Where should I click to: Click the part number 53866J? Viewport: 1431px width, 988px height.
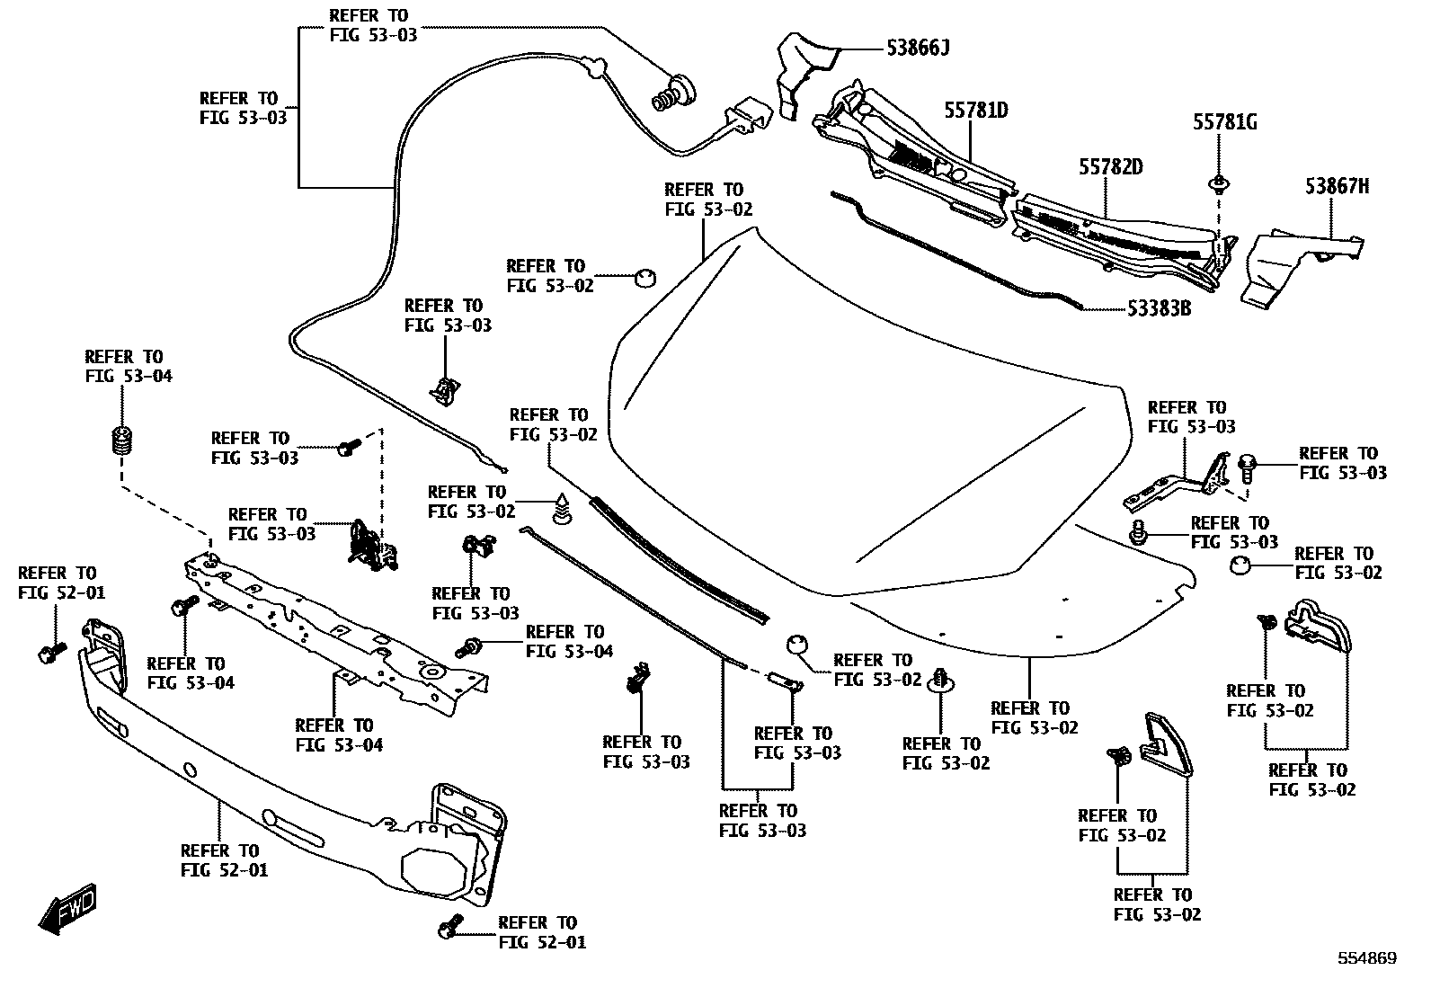coord(918,48)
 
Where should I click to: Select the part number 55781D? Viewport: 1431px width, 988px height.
coord(976,111)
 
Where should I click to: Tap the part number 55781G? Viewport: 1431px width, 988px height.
coord(1224,122)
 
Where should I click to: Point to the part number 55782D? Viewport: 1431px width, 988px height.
coord(1111,167)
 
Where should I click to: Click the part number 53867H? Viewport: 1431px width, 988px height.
coord(1338,187)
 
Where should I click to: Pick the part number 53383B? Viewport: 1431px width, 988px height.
coord(1159,308)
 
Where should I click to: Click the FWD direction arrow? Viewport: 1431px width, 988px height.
coord(67,908)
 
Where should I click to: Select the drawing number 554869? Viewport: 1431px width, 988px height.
coord(1367,958)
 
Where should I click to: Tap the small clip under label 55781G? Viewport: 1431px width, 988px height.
coord(1219,185)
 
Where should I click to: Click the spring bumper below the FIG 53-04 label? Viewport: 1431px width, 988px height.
coord(121,441)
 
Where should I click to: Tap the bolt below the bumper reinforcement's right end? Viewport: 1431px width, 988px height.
coord(449,926)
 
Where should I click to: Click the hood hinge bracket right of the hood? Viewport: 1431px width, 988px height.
coord(1177,483)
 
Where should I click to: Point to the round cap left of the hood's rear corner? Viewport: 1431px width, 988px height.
coord(644,278)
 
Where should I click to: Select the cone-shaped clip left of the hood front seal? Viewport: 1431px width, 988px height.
coord(562,510)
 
